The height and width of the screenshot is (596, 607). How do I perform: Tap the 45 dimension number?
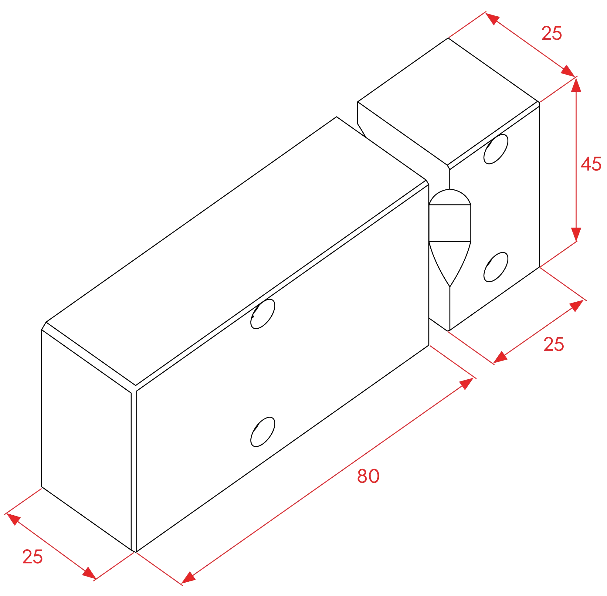click(x=591, y=164)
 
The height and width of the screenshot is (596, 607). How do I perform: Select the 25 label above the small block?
click(x=551, y=33)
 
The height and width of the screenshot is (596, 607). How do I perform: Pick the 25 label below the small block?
click(x=554, y=344)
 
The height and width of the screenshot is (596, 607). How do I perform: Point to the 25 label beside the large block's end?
click(x=32, y=557)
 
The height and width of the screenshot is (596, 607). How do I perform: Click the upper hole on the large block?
click(x=263, y=314)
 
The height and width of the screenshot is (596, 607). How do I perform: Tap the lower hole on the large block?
click(x=263, y=432)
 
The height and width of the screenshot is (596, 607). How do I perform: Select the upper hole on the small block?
click(x=496, y=149)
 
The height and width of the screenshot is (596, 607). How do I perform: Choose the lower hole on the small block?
click(x=496, y=267)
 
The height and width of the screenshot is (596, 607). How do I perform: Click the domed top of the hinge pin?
click(x=450, y=197)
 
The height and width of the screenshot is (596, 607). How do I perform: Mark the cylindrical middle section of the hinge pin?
click(x=450, y=223)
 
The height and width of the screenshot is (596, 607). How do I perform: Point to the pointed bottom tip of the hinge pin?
click(x=450, y=286)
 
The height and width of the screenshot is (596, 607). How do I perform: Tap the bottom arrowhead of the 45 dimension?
click(x=576, y=234)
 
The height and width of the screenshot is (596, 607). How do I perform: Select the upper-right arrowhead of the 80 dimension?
click(x=466, y=383)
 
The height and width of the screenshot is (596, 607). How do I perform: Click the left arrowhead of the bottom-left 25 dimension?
click(x=13, y=519)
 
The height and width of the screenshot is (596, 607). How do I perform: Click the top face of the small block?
click(x=448, y=101)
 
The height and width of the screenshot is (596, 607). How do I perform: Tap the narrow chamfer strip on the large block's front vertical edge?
click(x=134, y=471)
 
